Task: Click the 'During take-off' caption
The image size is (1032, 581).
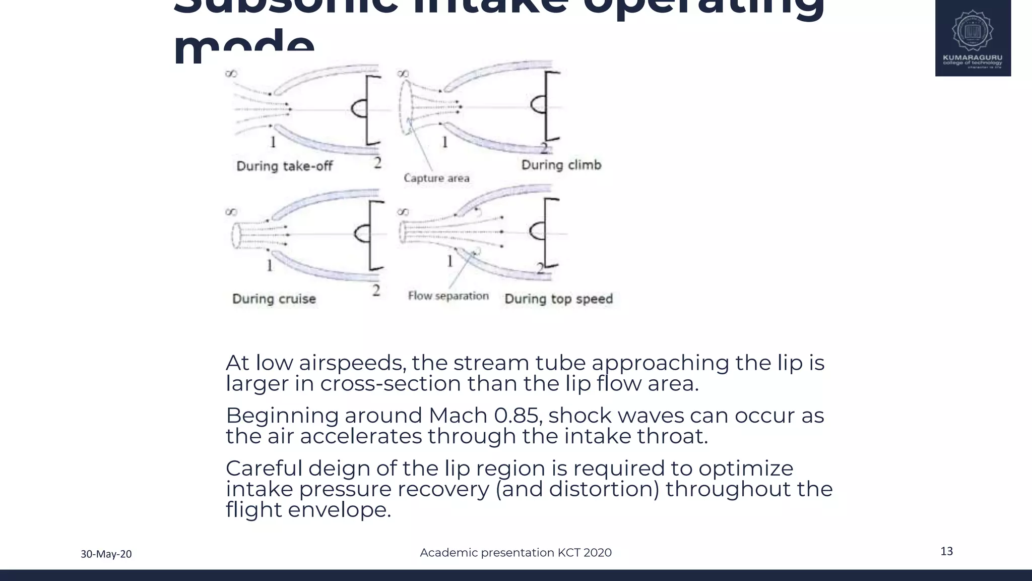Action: [x=284, y=166]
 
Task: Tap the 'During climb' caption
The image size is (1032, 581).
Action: [x=561, y=165]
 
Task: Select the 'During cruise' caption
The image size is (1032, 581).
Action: [x=274, y=299]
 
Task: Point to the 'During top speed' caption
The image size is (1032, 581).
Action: [x=558, y=299]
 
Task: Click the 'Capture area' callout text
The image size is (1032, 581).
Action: [x=436, y=178]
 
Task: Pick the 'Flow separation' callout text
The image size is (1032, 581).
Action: [x=448, y=296]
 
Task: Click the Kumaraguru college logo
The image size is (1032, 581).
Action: [x=973, y=38]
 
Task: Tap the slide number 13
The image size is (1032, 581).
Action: [x=946, y=551]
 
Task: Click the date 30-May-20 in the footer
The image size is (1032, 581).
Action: [x=106, y=554]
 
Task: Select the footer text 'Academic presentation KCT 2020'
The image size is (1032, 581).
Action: [x=515, y=553]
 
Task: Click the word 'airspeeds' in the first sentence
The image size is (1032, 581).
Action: [x=352, y=363]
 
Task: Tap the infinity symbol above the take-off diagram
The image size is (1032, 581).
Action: [x=231, y=74]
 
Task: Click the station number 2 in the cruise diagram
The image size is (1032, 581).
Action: [x=376, y=290]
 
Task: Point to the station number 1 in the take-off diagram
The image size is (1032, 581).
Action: [x=273, y=142]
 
